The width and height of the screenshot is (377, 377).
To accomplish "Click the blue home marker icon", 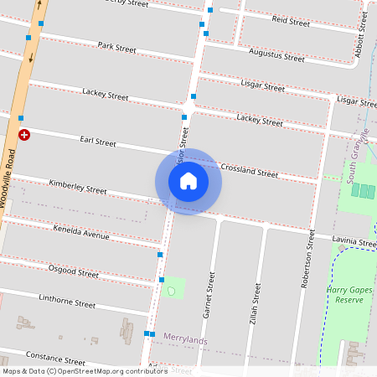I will point(188,181).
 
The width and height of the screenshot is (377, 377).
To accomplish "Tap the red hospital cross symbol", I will point(24,134).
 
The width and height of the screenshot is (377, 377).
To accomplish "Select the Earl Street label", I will point(97,142).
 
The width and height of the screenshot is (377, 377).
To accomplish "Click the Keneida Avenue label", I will point(81,231).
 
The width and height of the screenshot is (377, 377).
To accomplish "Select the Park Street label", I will point(116,48).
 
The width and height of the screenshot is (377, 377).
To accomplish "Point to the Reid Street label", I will point(291,20).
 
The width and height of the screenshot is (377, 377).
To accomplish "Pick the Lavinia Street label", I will point(354,241).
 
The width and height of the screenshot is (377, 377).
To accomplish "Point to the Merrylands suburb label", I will point(185,338).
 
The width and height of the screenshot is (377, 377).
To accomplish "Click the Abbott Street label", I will point(362,34).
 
